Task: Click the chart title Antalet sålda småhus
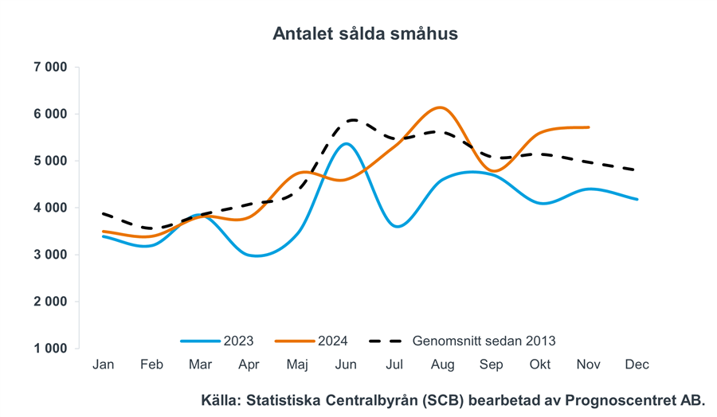coord(365,33)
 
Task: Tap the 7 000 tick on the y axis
coord(50,67)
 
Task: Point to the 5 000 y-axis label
coord(50,161)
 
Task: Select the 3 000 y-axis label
coord(50,255)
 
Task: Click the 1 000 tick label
coord(50,349)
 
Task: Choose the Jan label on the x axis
coord(103,364)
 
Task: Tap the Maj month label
coord(297,364)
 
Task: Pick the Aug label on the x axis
coord(442,364)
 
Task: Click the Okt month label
coord(539,364)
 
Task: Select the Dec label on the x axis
coord(637,364)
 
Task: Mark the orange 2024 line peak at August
coord(441,107)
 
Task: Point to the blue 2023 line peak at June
coord(345,144)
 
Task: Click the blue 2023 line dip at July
coord(397,226)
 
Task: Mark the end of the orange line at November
coord(588,127)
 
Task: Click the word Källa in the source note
coord(224,400)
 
